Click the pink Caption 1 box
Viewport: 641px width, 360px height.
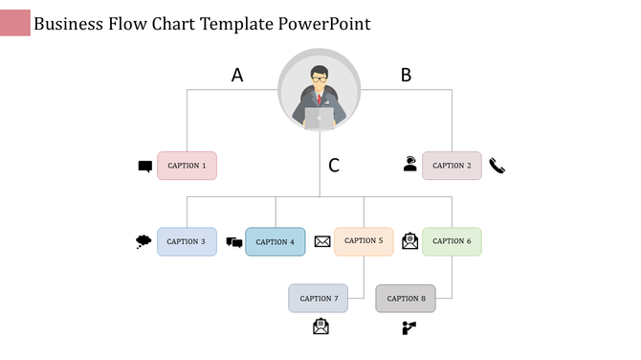click(187, 166)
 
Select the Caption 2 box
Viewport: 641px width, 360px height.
click(452, 166)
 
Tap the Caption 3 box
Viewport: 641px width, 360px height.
click(187, 241)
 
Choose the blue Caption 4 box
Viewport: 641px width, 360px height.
click(275, 241)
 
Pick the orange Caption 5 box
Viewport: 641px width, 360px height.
click(364, 241)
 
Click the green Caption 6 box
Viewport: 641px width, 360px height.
click(452, 241)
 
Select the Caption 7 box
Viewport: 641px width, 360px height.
click(319, 298)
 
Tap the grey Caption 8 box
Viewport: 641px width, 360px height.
click(406, 298)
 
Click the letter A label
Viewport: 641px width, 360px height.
click(237, 75)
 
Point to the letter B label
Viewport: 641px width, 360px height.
click(406, 75)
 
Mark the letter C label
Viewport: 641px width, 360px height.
click(334, 166)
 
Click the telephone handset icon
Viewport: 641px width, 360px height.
click(497, 166)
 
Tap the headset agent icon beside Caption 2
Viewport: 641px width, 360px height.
click(409, 164)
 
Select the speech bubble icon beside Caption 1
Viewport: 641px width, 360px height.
click(144, 167)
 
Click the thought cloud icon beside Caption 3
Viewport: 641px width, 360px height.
click(144, 241)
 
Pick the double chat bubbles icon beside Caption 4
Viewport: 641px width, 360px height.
click(233, 242)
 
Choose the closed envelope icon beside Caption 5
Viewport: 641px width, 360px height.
click(322, 241)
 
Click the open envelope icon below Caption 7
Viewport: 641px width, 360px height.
click(320, 326)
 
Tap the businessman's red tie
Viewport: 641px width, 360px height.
click(320, 99)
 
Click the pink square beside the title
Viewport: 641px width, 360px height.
click(15, 23)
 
